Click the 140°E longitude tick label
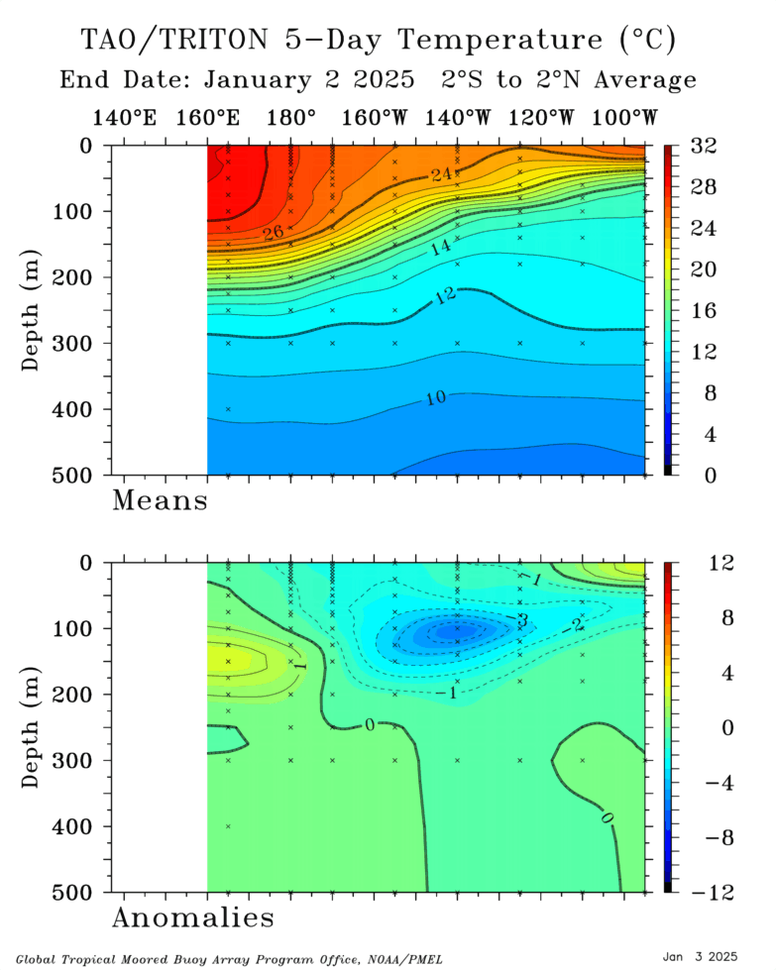click(124, 118)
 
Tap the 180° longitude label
click(291, 118)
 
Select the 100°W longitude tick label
click(624, 118)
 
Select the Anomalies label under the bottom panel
click(192, 917)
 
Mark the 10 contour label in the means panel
click(435, 398)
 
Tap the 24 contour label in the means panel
click(441, 175)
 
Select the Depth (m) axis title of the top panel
click(33, 310)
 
